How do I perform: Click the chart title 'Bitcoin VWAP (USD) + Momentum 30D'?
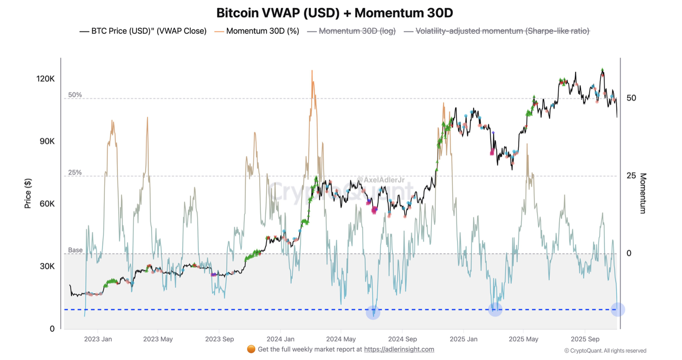click(x=335, y=13)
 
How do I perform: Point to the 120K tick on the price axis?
click(x=45, y=79)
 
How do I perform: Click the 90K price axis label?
click(x=45, y=141)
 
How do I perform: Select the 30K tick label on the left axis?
click(x=45, y=266)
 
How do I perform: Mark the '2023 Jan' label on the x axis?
click(x=97, y=339)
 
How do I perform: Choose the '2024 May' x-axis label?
click(x=341, y=339)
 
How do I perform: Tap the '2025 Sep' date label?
click(x=585, y=339)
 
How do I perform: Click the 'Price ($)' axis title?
click(x=28, y=193)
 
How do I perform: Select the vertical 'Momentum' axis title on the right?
click(x=643, y=193)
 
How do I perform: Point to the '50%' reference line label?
click(x=75, y=95)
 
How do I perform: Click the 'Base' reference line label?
click(x=75, y=250)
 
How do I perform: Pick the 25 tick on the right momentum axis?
click(x=629, y=176)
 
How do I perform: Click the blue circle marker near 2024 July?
click(x=373, y=312)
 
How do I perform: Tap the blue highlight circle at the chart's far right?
click(x=618, y=309)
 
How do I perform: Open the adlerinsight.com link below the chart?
click(x=399, y=349)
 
